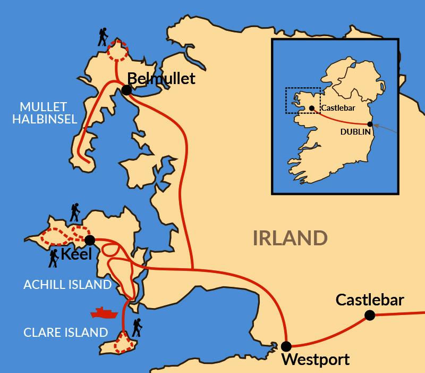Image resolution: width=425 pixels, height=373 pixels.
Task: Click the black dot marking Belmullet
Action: pyautogui.click(x=126, y=90)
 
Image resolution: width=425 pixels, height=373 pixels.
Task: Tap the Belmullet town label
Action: pyautogui.click(x=161, y=79)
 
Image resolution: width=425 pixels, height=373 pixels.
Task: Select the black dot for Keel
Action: pyautogui.click(x=90, y=240)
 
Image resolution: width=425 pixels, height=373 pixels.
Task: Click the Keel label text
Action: pyautogui.click(x=76, y=254)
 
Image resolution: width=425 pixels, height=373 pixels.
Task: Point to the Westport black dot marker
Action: pyautogui.click(x=286, y=346)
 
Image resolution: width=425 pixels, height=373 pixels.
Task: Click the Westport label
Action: pyautogui.click(x=316, y=360)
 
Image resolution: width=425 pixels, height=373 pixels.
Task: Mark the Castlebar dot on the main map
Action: pyautogui.click(x=370, y=316)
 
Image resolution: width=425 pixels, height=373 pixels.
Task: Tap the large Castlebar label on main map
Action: pyautogui.click(x=370, y=300)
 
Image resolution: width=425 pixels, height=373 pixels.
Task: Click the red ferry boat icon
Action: pyautogui.click(x=104, y=312)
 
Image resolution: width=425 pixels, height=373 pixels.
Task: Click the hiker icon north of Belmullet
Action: pyautogui.click(x=103, y=37)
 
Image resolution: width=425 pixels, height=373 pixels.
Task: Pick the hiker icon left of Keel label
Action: pyautogui.click(x=54, y=259)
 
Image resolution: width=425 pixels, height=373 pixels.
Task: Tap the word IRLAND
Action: pyautogui.click(x=290, y=238)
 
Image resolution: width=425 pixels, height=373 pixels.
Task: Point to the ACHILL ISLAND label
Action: pyautogui.click(x=67, y=285)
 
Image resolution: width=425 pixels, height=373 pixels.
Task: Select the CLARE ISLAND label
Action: pyautogui.click(x=66, y=333)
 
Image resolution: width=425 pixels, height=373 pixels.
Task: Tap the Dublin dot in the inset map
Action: pyautogui.click(x=370, y=124)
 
